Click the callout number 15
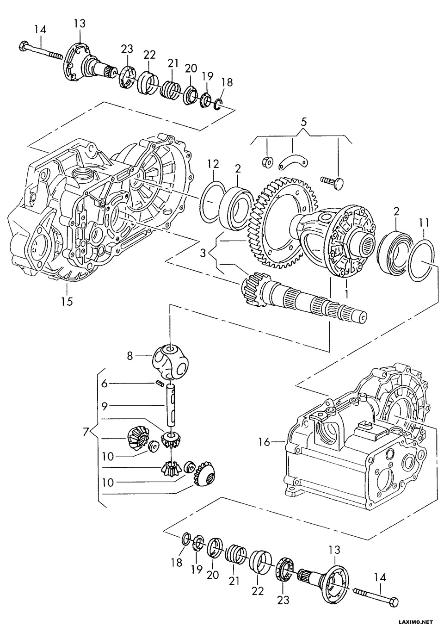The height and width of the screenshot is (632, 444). [x=67, y=301]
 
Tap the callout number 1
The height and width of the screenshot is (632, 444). [x=346, y=293]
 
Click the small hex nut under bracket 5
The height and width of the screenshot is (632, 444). [x=266, y=162]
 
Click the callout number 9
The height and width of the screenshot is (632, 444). [x=105, y=406]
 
